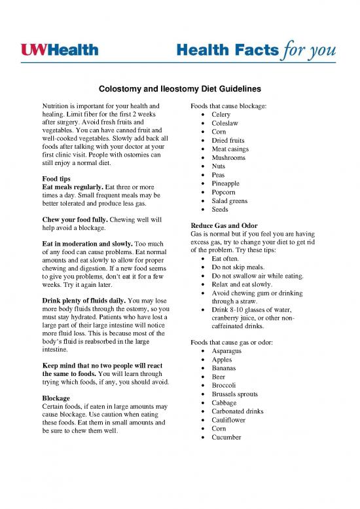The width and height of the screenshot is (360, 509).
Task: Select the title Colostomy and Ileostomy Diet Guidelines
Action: pos(179,88)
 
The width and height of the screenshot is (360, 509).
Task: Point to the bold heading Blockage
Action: pos(56,398)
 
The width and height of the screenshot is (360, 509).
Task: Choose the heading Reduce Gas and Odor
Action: pos(221,225)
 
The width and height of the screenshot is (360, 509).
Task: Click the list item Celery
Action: pos(223,115)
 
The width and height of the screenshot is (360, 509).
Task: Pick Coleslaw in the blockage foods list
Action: pos(226,126)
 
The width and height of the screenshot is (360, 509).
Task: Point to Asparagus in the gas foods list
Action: pos(229,351)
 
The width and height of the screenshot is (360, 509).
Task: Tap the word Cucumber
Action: pos(229,436)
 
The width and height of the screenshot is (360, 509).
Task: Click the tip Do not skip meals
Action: pos(237,267)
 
